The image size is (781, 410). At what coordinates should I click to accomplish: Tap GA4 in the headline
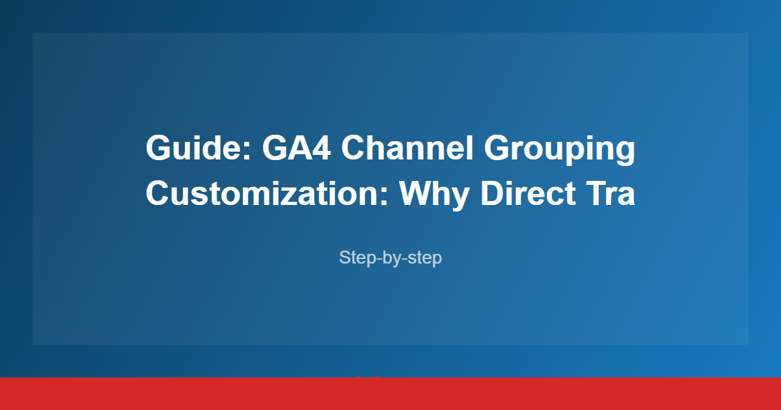[x=296, y=149]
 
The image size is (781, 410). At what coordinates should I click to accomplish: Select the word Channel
[x=407, y=149]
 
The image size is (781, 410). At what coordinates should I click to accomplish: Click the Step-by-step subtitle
[x=390, y=258]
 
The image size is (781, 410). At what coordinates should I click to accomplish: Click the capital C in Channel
[x=355, y=149]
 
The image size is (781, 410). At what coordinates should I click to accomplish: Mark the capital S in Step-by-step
[x=344, y=258]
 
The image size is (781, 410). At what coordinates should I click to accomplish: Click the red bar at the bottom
[x=390, y=394]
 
